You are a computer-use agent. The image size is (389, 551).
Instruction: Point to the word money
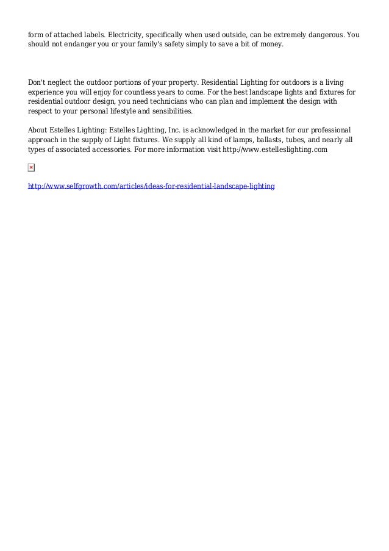[270, 45]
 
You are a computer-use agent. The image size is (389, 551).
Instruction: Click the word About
[40, 131]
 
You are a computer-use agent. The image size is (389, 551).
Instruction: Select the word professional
[329, 131]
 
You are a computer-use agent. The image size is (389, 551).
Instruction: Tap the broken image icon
[32, 167]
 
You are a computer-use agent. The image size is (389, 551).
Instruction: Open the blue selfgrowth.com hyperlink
[151, 184]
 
